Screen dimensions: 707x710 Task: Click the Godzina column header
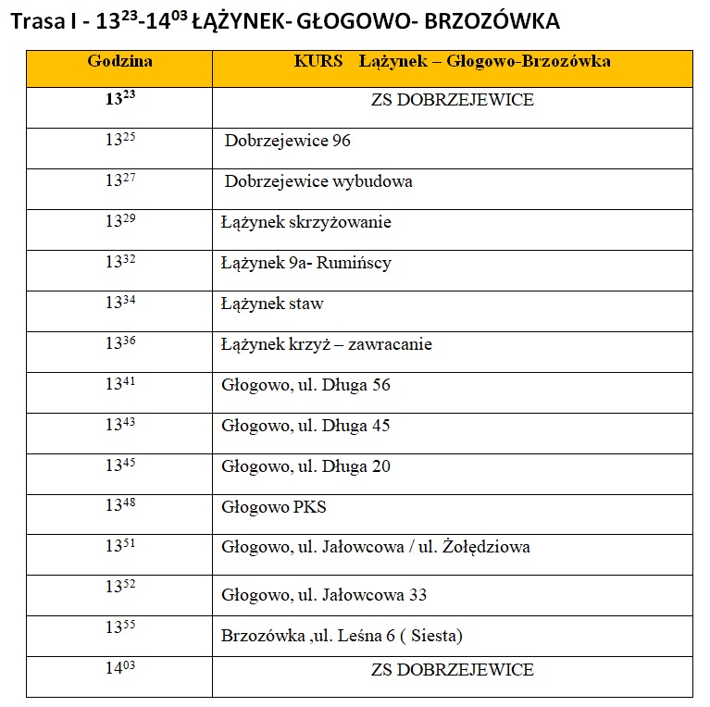119,62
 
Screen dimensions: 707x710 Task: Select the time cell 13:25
119,141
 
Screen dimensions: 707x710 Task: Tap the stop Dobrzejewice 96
287,142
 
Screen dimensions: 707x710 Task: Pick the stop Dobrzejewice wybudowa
318,181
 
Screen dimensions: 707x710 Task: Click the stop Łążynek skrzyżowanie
305,222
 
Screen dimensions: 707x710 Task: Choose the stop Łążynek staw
272,304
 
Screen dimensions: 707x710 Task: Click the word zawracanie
384,344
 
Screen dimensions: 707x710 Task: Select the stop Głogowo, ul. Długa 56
305,385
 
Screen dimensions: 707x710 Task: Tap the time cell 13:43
119,425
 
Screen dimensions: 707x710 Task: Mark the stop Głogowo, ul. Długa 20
305,466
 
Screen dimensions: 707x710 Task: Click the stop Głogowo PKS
274,507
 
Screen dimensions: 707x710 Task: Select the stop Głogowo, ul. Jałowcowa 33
324,594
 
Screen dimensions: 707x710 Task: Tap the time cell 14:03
119,668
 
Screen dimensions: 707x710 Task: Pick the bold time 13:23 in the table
119,100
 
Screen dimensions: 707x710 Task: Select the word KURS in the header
318,62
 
